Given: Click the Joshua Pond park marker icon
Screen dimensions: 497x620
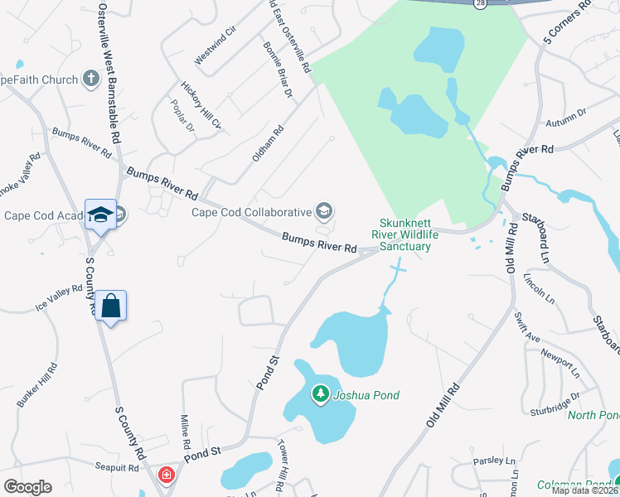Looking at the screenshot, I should pos(320,394).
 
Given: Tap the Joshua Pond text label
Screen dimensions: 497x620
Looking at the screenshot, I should pos(366,395).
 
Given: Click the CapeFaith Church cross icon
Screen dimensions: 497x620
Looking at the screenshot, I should pos(90,80).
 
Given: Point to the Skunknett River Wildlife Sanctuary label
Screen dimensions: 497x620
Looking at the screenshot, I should pos(406,234).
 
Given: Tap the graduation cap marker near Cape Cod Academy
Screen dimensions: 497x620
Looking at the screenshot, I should pos(100,215).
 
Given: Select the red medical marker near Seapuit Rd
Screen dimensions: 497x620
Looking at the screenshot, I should pos(167,475).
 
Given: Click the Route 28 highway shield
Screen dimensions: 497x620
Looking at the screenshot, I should pos(481,3).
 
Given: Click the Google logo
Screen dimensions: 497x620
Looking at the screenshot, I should pos(27,487).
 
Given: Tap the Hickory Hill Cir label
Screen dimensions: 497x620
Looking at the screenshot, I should pos(202,105).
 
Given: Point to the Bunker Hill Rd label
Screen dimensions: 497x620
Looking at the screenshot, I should pos(36,384).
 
